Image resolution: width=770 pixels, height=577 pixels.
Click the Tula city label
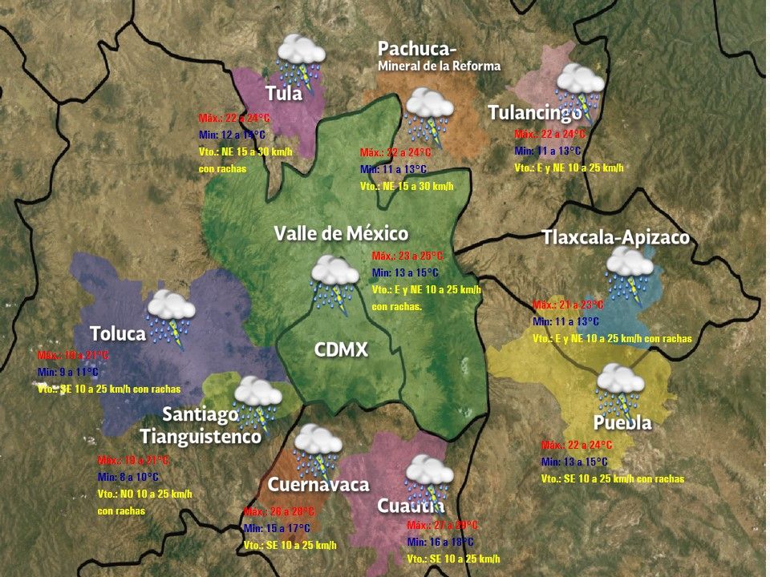[284, 93]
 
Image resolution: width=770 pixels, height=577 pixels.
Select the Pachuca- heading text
[417, 49]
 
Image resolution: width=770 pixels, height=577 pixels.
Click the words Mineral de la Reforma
[439, 66]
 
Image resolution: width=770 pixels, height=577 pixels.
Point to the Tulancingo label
[535, 113]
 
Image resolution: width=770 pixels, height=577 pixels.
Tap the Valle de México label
[341, 233]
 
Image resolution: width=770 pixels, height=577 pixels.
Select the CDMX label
[340, 349]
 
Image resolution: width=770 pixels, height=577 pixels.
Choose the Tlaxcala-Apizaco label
[615, 238]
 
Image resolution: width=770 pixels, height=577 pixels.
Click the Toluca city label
[117, 333]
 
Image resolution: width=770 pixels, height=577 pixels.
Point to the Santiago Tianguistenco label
[201, 426]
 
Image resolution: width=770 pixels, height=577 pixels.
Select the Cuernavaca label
[318, 484]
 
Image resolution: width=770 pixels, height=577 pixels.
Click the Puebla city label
[622, 423]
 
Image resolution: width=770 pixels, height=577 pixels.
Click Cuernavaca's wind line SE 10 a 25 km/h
[290, 545]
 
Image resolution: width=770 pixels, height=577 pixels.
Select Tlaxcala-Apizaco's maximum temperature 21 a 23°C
[568, 305]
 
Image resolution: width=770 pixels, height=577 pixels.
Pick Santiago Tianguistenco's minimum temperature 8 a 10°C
[128, 477]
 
